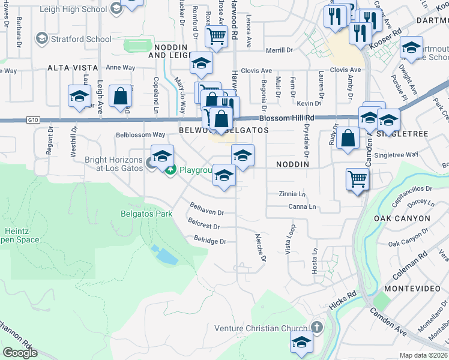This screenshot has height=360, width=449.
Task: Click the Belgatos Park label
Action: click(146, 214)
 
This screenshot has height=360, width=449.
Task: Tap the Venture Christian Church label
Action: click(263, 328)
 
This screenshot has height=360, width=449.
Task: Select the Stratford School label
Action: click(82, 39)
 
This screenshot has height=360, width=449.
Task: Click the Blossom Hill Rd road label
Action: click(288, 118)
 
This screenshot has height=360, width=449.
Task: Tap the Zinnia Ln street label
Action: click(292, 194)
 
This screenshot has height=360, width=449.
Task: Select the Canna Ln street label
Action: click(301, 207)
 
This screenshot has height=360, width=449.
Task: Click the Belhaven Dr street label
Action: click(206, 212)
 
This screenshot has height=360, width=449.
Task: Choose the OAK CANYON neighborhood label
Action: click(402, 218)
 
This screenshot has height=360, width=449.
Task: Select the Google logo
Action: click(20, 352)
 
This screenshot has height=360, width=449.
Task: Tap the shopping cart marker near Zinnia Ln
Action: click(358, 178)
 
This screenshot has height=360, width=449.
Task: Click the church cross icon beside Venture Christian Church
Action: click(317, 328)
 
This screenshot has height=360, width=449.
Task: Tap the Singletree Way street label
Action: click(396, 155)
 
